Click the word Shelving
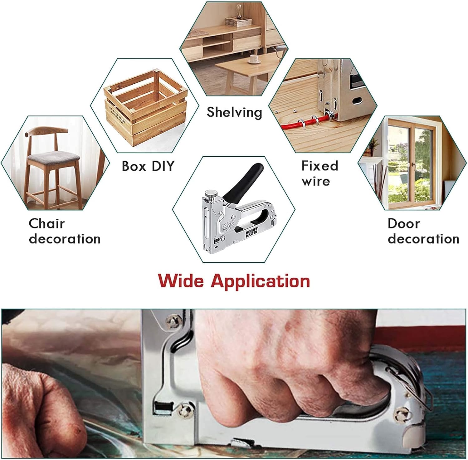(234, 112)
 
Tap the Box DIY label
(148, 166)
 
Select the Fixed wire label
(319, 173)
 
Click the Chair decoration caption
(65, 231)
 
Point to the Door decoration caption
(423, 231)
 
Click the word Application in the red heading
(261, 281)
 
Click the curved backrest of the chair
(46, 131)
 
